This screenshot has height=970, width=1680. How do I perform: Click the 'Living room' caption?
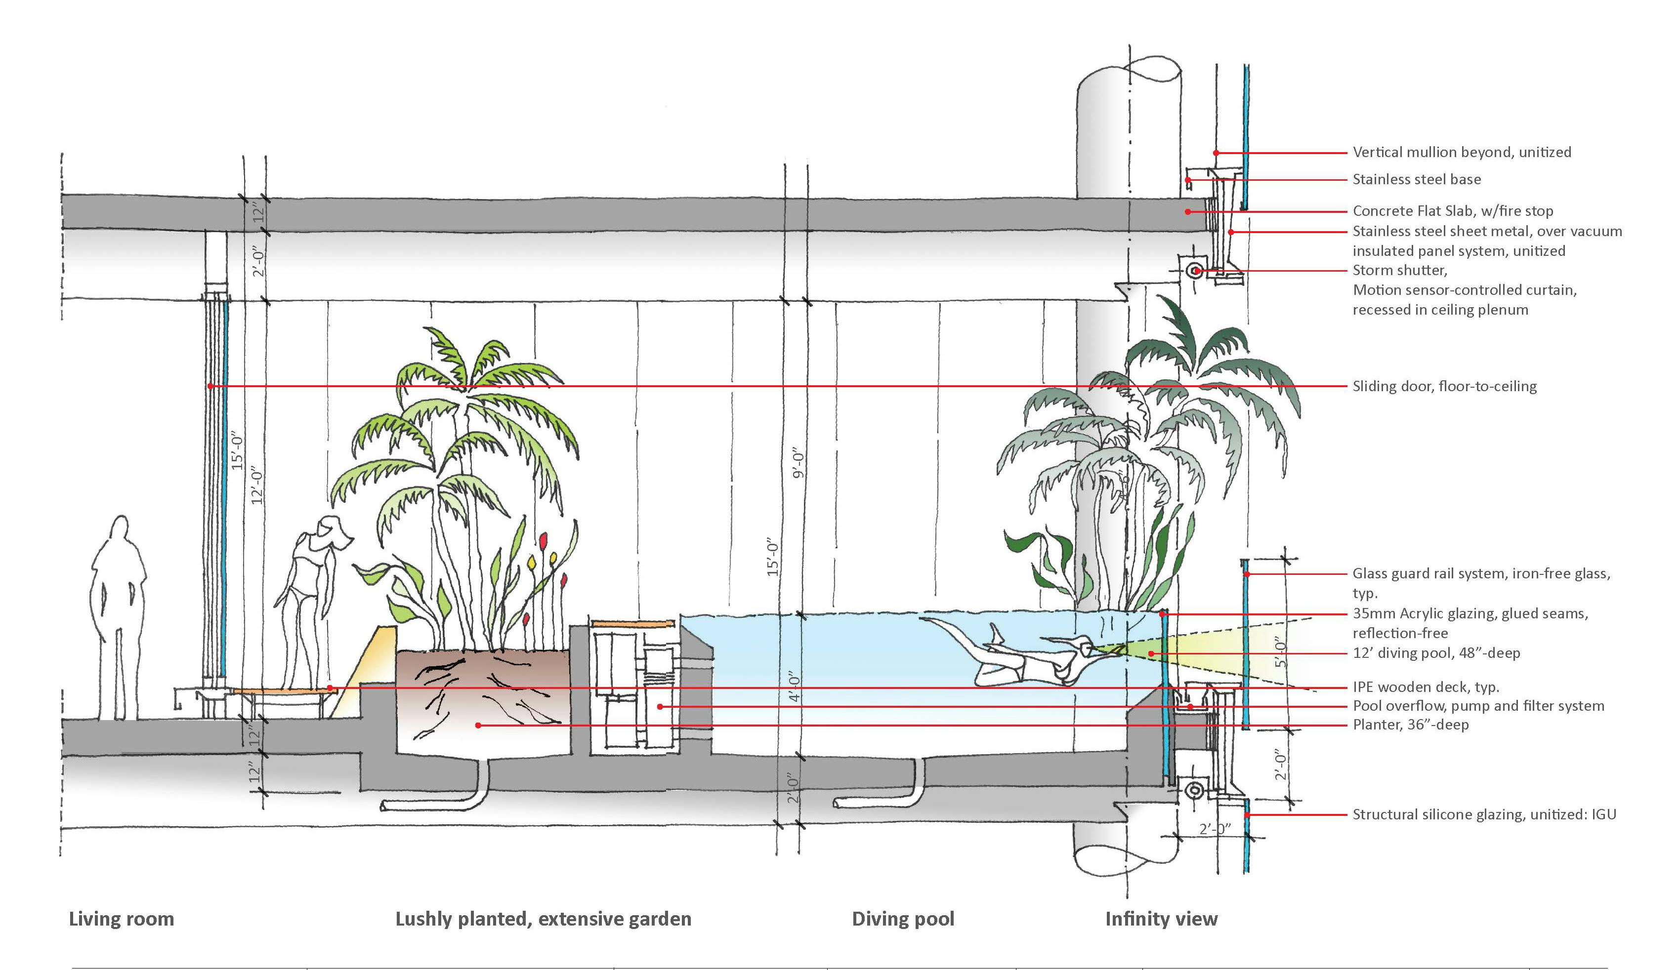121,919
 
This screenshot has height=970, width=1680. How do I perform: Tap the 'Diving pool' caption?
903,919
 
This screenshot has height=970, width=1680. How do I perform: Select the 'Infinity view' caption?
1161,919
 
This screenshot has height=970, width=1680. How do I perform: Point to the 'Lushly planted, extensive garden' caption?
543,919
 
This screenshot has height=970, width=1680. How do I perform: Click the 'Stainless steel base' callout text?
1416,179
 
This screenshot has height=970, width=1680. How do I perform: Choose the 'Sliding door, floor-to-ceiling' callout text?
1444,386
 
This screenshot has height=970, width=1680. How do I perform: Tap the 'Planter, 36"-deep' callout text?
1410,725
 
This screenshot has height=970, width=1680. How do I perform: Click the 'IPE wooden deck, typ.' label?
1424,687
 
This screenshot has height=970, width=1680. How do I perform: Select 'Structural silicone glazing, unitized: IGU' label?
1484,814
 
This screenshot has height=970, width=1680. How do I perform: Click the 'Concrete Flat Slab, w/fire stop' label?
1452,211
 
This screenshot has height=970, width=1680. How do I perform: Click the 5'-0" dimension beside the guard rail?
1279,653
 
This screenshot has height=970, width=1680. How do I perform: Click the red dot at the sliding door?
210,386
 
